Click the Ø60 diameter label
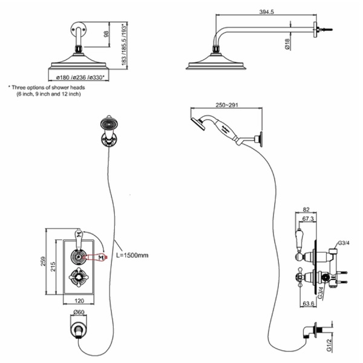point(77,312)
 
